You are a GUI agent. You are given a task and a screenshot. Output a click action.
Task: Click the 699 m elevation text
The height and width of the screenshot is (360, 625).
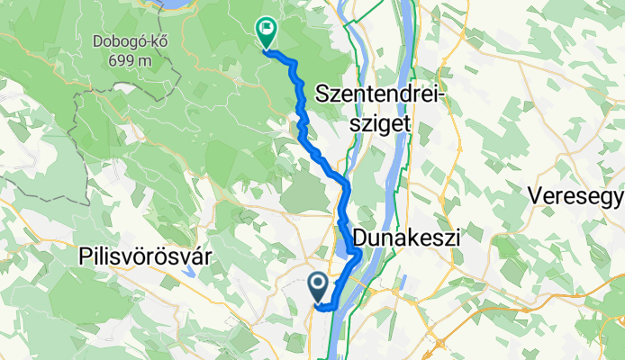tap(134, 61)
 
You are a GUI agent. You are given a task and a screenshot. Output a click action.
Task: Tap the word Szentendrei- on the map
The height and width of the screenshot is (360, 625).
tap(382, 94)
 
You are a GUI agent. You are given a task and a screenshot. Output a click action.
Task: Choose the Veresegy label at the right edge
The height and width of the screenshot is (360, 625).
tap(576, 195)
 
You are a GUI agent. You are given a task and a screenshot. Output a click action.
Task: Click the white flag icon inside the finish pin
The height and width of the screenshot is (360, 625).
tap(266, 29)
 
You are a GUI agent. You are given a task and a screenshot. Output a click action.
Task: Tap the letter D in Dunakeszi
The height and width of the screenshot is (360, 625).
tap(360, 238)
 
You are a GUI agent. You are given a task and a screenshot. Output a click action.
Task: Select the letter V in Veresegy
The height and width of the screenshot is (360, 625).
tap(534, 195)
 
